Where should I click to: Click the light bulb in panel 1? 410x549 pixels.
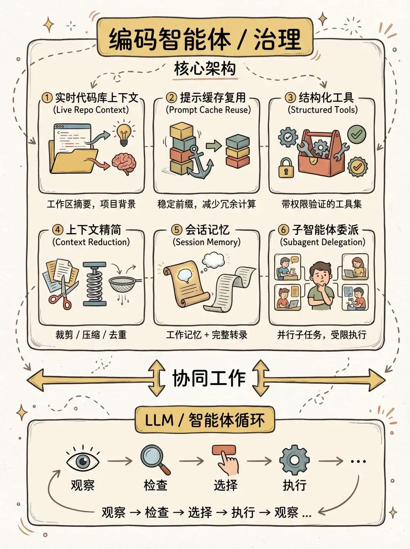click(124, 133)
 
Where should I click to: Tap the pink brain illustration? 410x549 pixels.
click(124, 162)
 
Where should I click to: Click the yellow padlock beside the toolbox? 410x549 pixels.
click(287, 167)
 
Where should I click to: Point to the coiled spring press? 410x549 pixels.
click(95, 284)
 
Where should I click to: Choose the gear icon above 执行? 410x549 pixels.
click(294, 460)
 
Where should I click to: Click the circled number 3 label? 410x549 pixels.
click(290, 97)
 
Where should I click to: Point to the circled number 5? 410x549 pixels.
click(177, 230)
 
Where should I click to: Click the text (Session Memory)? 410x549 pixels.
click(207, 242)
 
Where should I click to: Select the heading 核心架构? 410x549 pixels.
click(205, 69)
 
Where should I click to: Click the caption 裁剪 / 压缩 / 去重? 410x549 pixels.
click(91, 334)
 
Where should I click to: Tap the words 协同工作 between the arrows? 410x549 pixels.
click(209, 378)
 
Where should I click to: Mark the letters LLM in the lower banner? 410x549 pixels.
click(159, 420)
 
